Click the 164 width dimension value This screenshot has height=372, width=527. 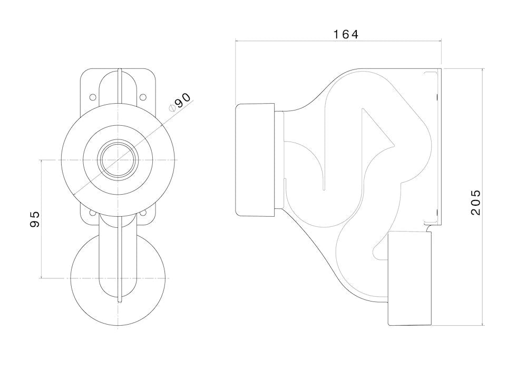point(346,34)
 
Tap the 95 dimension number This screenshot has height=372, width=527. point(35,219)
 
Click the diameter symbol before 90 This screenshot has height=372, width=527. point(172,108)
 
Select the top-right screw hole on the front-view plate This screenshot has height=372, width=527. point(142,97)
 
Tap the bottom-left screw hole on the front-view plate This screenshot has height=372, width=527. point(93,213)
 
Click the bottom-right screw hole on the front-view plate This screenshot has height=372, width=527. point(142,213)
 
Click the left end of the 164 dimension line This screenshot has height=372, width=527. point(235,41)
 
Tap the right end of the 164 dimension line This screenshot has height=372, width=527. point(441,41)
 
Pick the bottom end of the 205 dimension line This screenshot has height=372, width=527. point(484,325)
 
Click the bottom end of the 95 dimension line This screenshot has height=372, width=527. point(41,278)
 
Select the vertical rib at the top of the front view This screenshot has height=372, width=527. point(121,84)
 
